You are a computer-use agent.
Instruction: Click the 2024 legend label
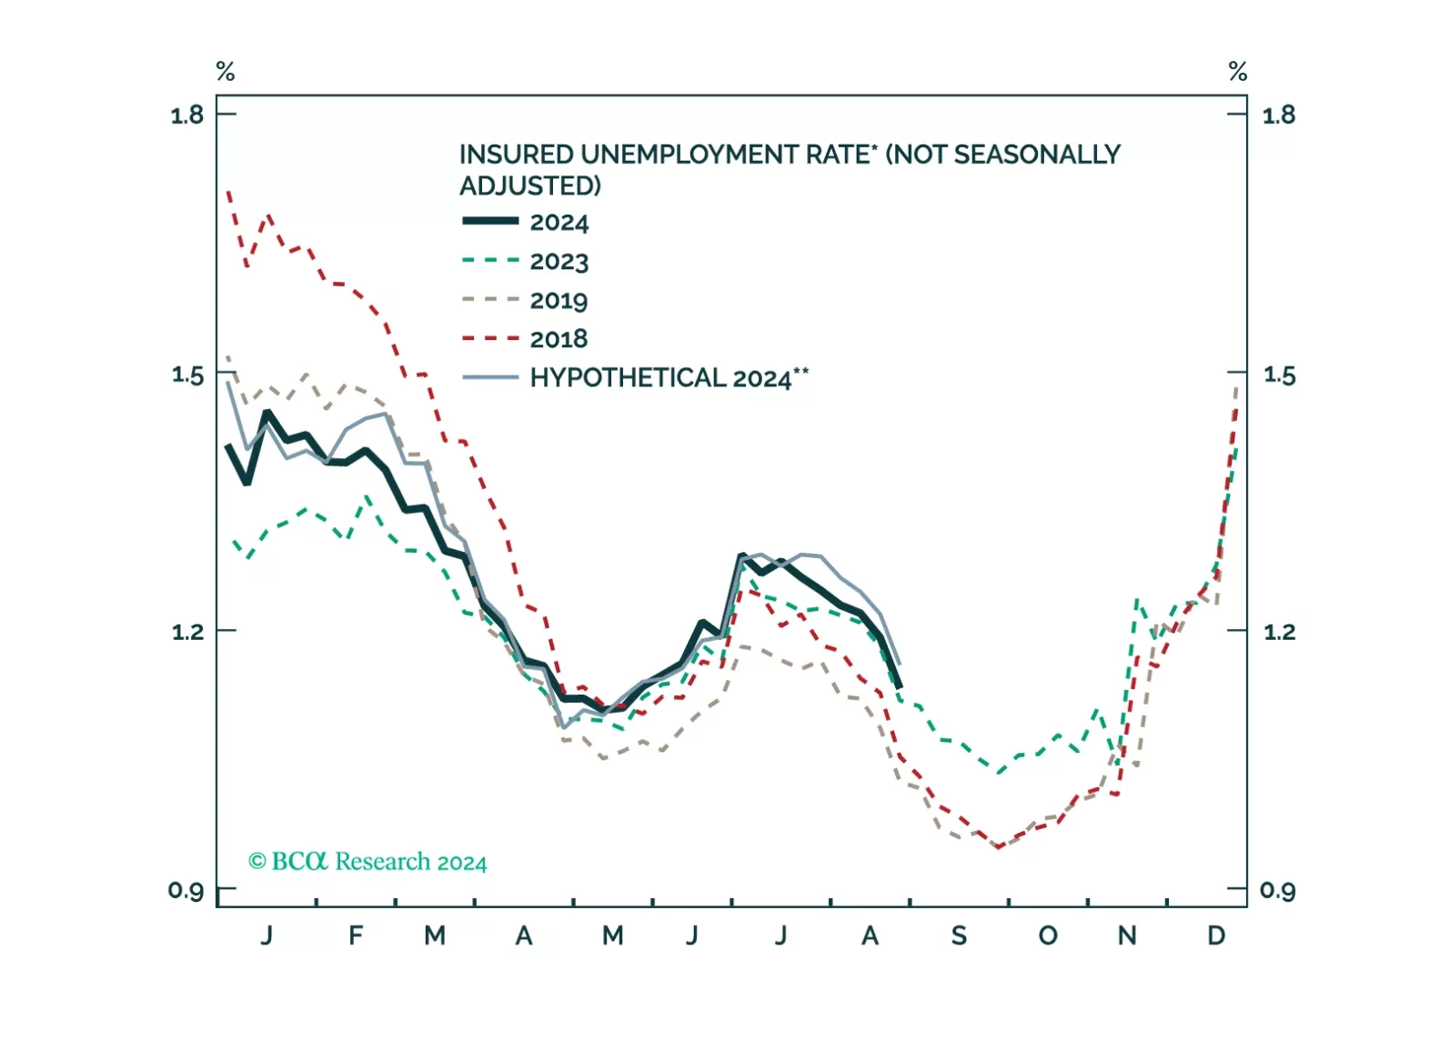tap(559, 223)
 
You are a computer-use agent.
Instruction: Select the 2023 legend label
tap(559, 262)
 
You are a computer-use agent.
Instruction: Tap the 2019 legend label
tap(559, 301)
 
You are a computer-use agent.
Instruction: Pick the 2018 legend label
tap(559, 339)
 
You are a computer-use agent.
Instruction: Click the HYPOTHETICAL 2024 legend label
tap(669, 378)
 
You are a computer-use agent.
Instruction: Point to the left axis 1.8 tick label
tap(186, 115)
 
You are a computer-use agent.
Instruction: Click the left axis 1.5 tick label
tap(186, 374)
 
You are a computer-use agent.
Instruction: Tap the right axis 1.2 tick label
tap(1279, 631)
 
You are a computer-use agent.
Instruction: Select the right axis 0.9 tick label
tap(1278, 890)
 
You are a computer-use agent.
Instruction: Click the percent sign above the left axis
tap(226, 71)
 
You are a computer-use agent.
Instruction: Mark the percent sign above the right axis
tap(1238, 71)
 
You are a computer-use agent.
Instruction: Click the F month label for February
tap(356, 935)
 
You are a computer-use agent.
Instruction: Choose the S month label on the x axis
tap(959, 935)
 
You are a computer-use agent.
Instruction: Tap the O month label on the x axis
tap(1048, 935)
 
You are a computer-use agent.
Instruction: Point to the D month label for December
tap(1216, 935)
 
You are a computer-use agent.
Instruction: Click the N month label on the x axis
tap(1127, 935)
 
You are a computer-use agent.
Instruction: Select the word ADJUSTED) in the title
tap(530, 186)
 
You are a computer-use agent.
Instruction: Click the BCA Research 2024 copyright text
tap(367, 861)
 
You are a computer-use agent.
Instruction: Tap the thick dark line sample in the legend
tap(490, 222)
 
